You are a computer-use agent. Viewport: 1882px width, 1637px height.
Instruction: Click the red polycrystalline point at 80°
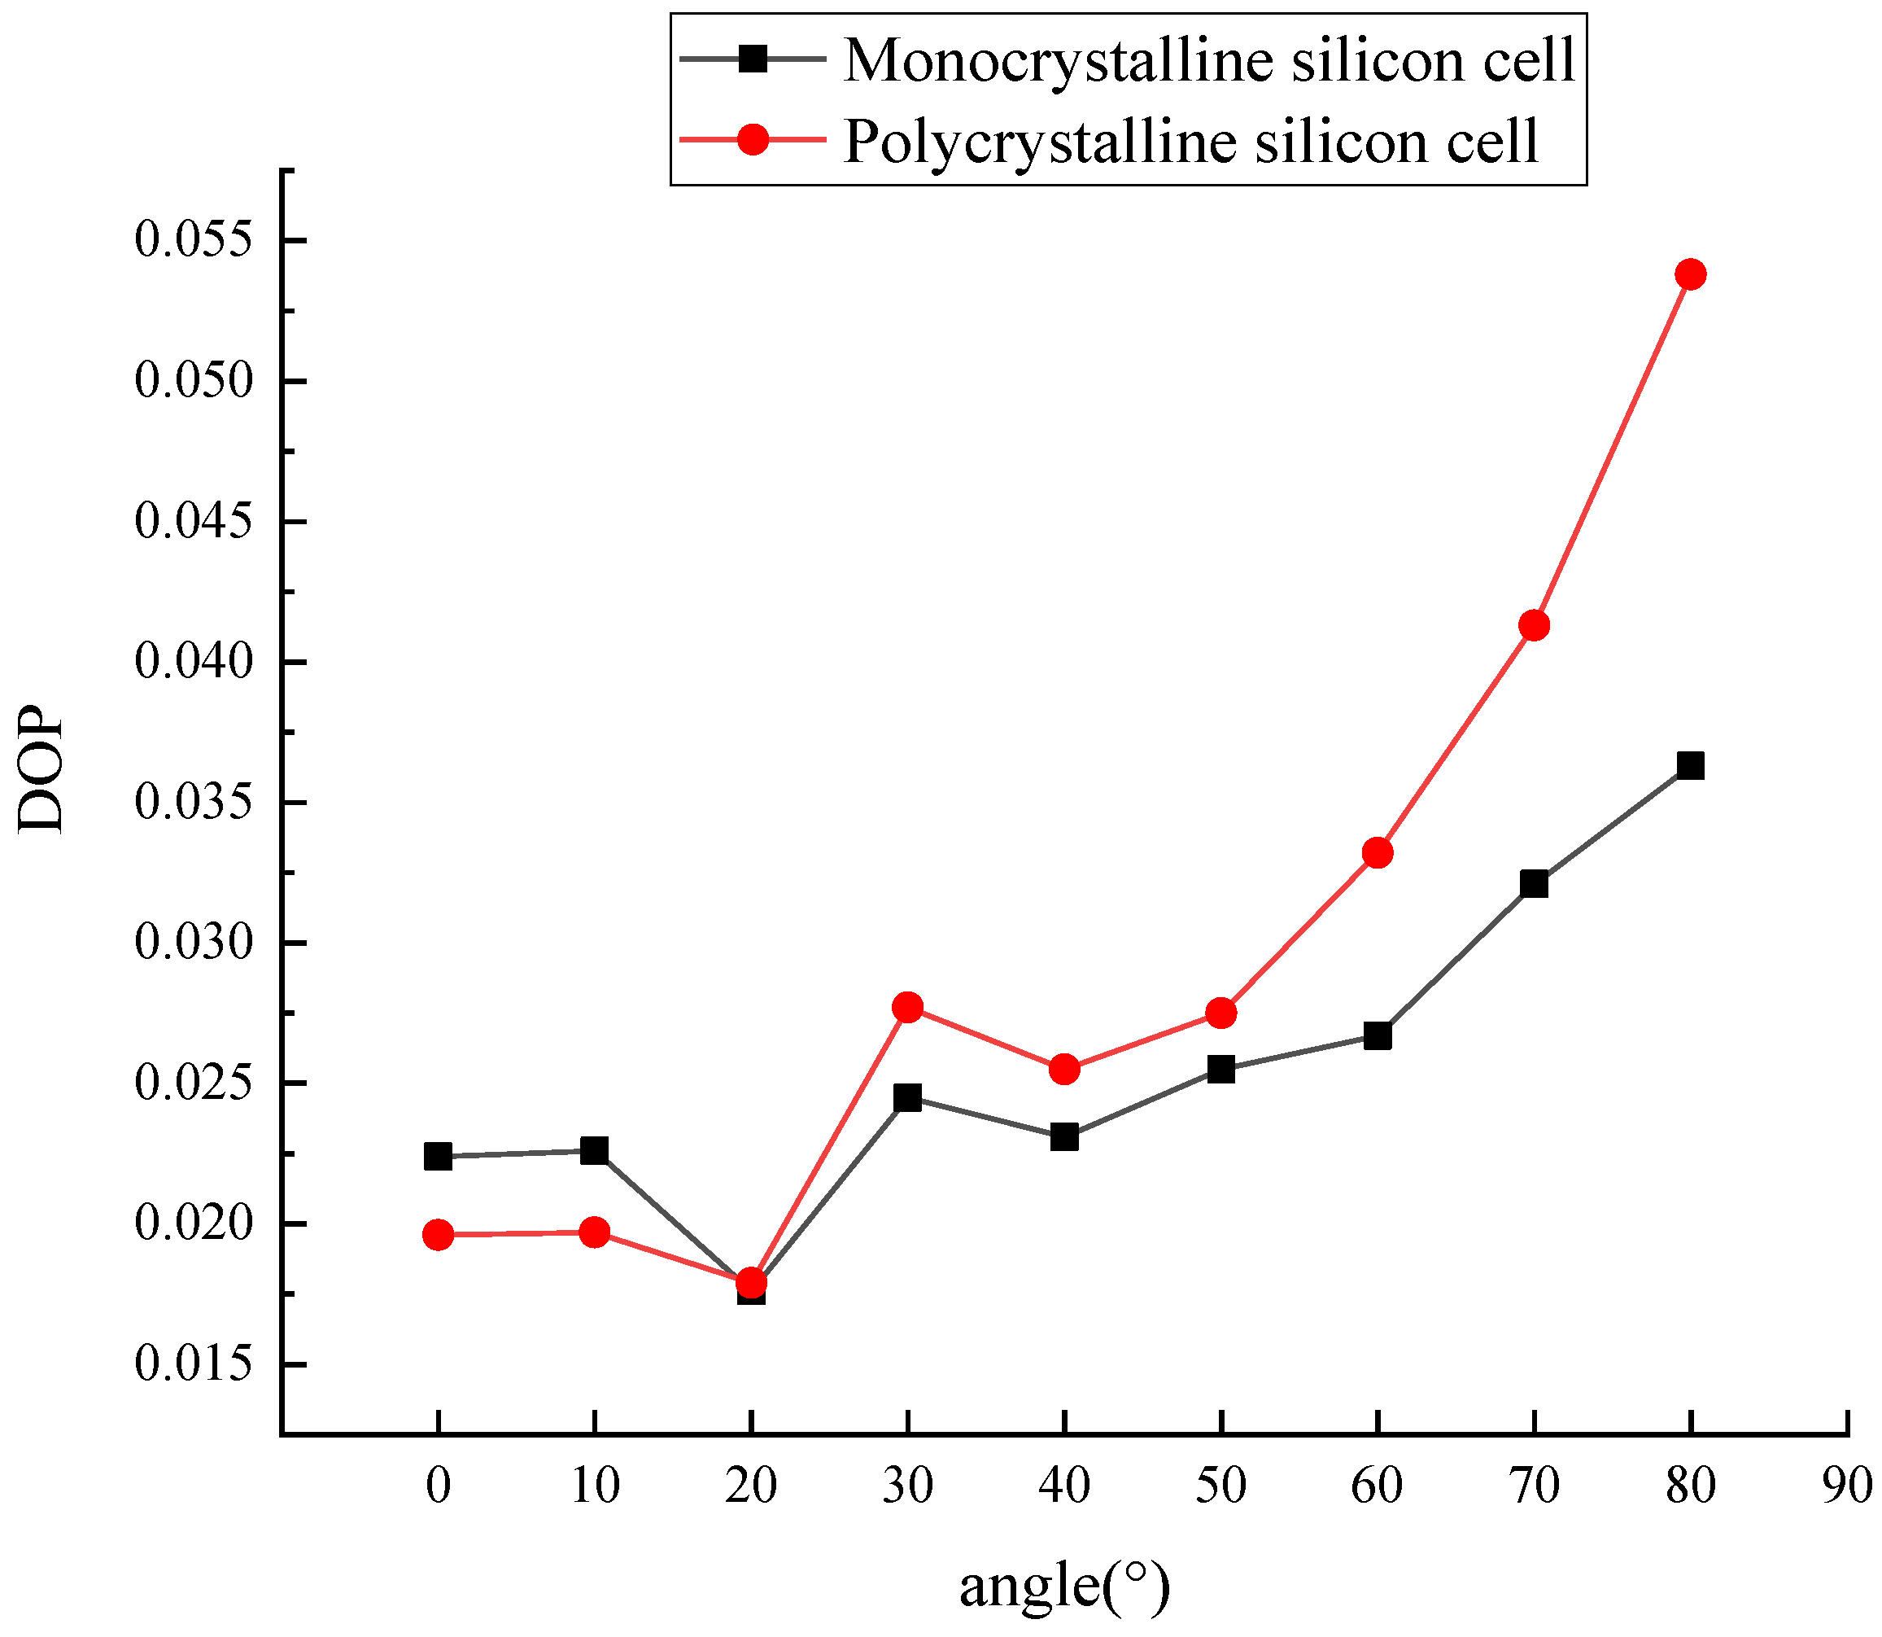click(x=1690, y=274)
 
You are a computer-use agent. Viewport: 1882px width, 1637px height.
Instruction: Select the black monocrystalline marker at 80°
click(x=1690, y=765)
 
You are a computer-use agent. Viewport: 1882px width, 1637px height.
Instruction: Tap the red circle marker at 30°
click(x=908, y=1007)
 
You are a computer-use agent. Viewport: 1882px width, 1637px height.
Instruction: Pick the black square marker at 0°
click(x=439, y=1157)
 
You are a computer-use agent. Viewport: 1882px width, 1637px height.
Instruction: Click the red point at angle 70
click(x=1534, y=626)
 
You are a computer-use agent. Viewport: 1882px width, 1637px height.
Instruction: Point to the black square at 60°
click(x=1377, y=1036)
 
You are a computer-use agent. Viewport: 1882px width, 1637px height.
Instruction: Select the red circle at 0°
click(x=439, y=1235)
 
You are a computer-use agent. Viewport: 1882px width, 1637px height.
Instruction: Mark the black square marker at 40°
click(x=1063, y=1137)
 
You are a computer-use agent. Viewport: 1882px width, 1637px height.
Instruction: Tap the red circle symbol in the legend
click(x=753, y=140)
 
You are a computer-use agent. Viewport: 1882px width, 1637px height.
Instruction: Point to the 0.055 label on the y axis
click(x=193, y=241)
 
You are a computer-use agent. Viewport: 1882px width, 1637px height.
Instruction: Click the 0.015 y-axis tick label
click(x=193, y=1365)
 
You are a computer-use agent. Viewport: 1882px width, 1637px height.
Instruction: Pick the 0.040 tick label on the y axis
click(x=193, y=663)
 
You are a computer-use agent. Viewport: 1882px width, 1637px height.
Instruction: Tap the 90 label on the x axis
click(x=1846, y=1486)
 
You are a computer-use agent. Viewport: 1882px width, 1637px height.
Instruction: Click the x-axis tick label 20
click(x=751, y=1486)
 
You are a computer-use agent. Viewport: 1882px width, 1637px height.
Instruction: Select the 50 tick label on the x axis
click(x=1220, y=1486)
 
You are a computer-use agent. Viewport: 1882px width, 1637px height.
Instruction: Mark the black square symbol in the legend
click(x=753, y=59)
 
